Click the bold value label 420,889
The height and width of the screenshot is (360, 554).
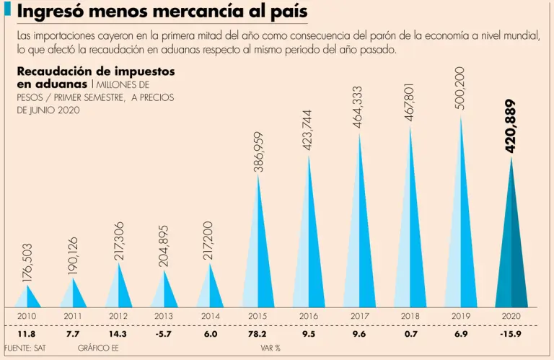tap(511, 126)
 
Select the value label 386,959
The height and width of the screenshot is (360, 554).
tap(258, 152)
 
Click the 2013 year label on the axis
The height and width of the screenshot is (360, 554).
tap(164, 316)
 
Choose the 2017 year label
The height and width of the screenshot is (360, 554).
tap(360, 316)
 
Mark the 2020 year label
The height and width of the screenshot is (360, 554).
tap(510, 316)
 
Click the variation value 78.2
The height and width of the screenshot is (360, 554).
tap(258, 335)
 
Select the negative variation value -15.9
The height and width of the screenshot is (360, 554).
tap(510, 335)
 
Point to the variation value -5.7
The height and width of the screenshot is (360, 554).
tap(164, 335)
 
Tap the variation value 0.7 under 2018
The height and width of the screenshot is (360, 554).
tap(410, 335)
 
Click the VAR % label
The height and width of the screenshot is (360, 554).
tap(271, 348)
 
